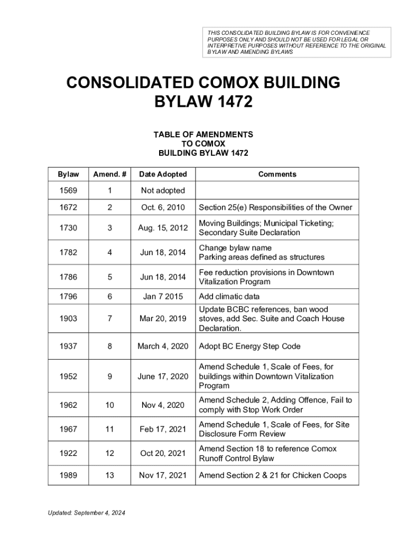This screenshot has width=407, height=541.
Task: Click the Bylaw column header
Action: click(69, 174)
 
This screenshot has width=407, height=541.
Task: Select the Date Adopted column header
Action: click(163, 174)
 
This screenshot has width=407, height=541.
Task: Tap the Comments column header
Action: click(277, 174)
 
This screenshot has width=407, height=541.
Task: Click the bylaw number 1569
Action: click(69, 190)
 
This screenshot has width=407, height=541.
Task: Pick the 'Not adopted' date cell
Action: click(163, 190)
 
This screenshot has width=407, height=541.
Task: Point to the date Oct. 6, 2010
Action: click(163, 208)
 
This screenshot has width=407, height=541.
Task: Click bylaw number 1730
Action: click(69, 228)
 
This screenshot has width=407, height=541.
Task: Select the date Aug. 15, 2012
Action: click(163, 228)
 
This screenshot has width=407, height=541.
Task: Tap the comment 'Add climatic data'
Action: click(229, 296)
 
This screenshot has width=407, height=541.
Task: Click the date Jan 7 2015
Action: click(163, 296)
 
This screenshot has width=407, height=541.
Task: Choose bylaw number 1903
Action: click(69, 319)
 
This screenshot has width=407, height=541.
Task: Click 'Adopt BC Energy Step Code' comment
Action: click(249, 346)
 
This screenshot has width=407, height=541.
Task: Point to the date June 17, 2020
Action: click(163, 376)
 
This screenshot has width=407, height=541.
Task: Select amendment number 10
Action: click(109, 405)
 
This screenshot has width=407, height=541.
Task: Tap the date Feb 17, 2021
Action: click(163, 429)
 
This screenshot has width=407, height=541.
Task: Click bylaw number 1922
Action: click(69, 453)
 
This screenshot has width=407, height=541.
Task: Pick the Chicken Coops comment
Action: click(272, 475)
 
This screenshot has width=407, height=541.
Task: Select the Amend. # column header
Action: click(109, 174)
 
